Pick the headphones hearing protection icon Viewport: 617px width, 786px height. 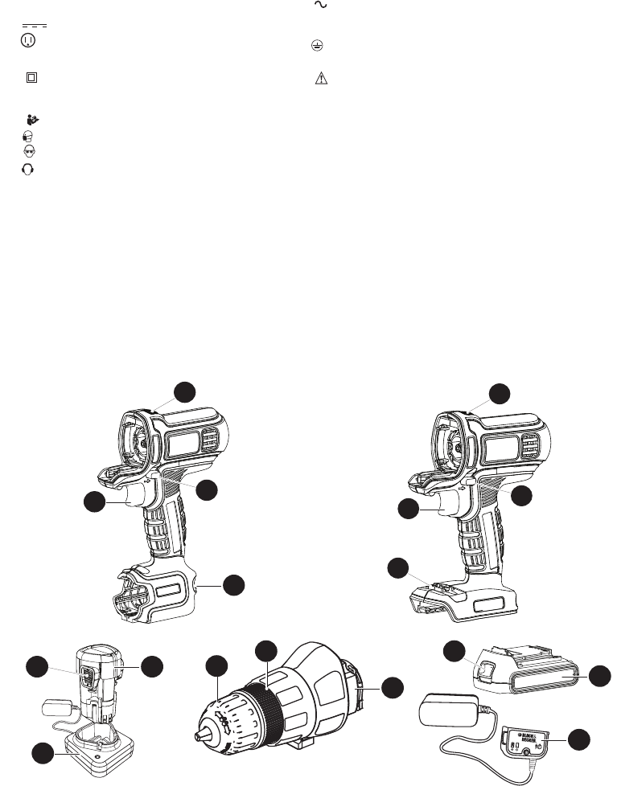[x=28, y=169]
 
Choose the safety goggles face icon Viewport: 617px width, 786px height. [x=28, y=151]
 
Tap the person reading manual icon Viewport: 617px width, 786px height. [x=33, y=120]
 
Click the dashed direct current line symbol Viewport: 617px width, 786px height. [x=33, y=26]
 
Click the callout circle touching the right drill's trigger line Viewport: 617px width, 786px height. [x=413, y=509]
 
